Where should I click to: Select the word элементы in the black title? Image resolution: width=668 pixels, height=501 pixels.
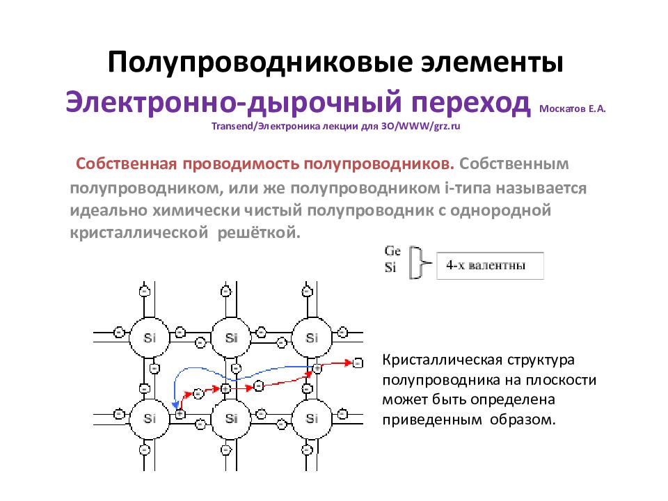coord(493,62)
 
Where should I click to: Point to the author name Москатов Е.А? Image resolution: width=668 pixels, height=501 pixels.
coord(572,109)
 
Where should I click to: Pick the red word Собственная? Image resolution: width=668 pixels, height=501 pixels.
coord(126,164)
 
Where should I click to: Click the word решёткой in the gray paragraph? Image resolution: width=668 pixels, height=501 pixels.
coord(259,232)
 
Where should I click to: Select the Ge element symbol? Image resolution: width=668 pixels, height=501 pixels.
coord(392,251)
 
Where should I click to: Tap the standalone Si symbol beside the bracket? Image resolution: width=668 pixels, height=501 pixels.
coord(390,267)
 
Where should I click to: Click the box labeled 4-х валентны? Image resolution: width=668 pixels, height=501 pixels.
coord(491,266)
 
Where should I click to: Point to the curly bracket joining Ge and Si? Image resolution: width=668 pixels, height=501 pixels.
coord(420,262)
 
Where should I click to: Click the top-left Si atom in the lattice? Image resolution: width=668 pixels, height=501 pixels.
coord(150,337)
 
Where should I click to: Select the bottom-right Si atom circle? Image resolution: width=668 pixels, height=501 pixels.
coord(312,419)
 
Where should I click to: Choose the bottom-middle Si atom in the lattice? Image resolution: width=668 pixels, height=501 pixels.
coord(231,419)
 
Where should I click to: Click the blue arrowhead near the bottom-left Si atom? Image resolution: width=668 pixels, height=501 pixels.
coord(175,404)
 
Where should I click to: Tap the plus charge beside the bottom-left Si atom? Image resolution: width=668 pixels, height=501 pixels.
coord(180,413)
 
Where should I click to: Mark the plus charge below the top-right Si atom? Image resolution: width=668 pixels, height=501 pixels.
coord(317,368)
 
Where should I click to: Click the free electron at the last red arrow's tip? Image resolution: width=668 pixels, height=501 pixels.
coord(358,363)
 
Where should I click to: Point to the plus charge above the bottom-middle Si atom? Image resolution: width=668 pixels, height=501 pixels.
coord(225,388)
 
